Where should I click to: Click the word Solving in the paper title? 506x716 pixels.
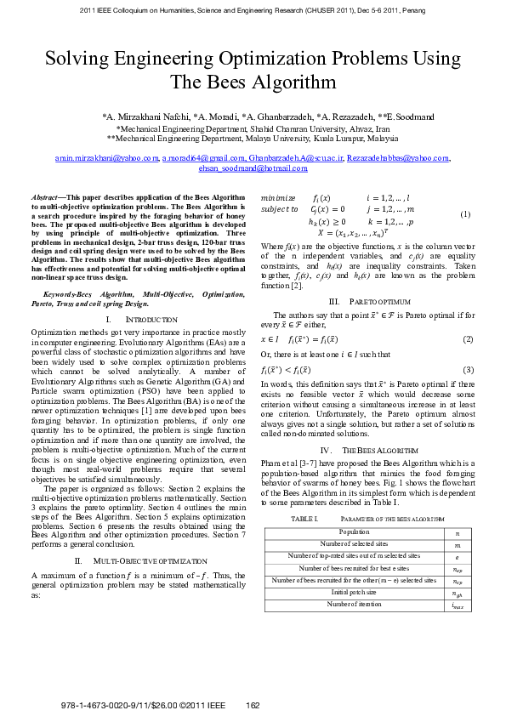coord(79,59)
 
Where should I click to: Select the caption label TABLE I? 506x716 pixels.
coord(304,518)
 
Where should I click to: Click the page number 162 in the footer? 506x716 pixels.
coord(253,705)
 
